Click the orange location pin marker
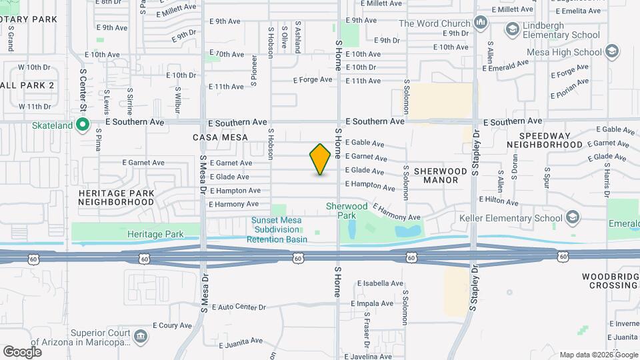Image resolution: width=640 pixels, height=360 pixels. point(320,159)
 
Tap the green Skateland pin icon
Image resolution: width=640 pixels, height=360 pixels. point(83,125)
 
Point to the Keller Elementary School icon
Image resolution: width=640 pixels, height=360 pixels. point(573,217)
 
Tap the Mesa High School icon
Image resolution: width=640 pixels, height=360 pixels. point(613,52)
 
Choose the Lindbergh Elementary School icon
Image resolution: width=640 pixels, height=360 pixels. point(512,29)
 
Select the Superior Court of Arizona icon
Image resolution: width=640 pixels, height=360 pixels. point(141,336)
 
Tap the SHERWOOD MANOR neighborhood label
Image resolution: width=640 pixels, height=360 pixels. point(440,175)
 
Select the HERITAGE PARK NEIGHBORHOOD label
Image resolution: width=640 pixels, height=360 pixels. point(116,197)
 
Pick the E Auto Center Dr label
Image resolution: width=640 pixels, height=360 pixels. point(238,307)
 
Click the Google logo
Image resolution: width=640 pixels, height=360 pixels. point(22,351)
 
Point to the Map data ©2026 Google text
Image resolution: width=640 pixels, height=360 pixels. point(597,355)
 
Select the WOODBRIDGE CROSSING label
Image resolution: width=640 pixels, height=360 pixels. point(609,281)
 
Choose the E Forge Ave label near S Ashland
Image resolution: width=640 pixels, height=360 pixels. point(312,80)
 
